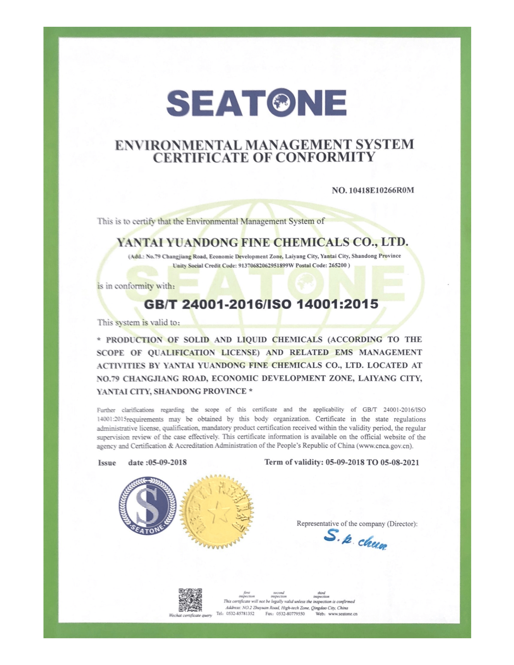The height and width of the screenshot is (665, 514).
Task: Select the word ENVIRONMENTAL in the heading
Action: click(178, 145)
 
